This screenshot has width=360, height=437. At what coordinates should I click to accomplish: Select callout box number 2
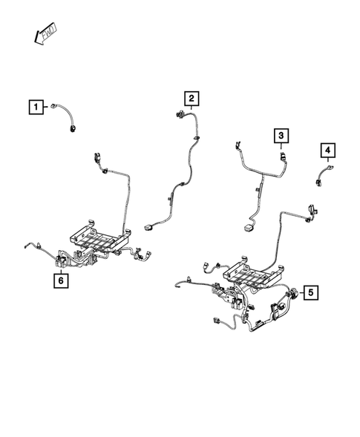point(191,98)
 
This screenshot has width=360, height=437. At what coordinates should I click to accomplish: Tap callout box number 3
point(281,136)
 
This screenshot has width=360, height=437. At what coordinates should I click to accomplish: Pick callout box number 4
point(327,152)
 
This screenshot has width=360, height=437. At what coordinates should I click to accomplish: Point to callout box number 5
point(310,292)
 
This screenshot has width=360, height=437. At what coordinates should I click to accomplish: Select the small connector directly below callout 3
point(281,157)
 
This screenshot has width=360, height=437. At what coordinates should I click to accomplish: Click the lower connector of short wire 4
point(318,183)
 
